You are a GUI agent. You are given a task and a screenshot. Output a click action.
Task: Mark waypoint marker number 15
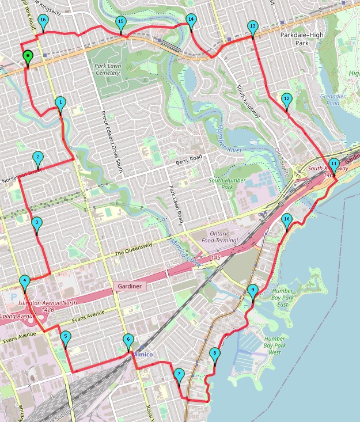[x=120, y=23]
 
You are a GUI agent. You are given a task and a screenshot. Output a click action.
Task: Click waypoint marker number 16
[x=43, y=21]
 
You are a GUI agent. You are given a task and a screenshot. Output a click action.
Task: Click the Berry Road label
[x=190, y=157]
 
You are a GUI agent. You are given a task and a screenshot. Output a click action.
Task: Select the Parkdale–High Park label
[x=302, y=39]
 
